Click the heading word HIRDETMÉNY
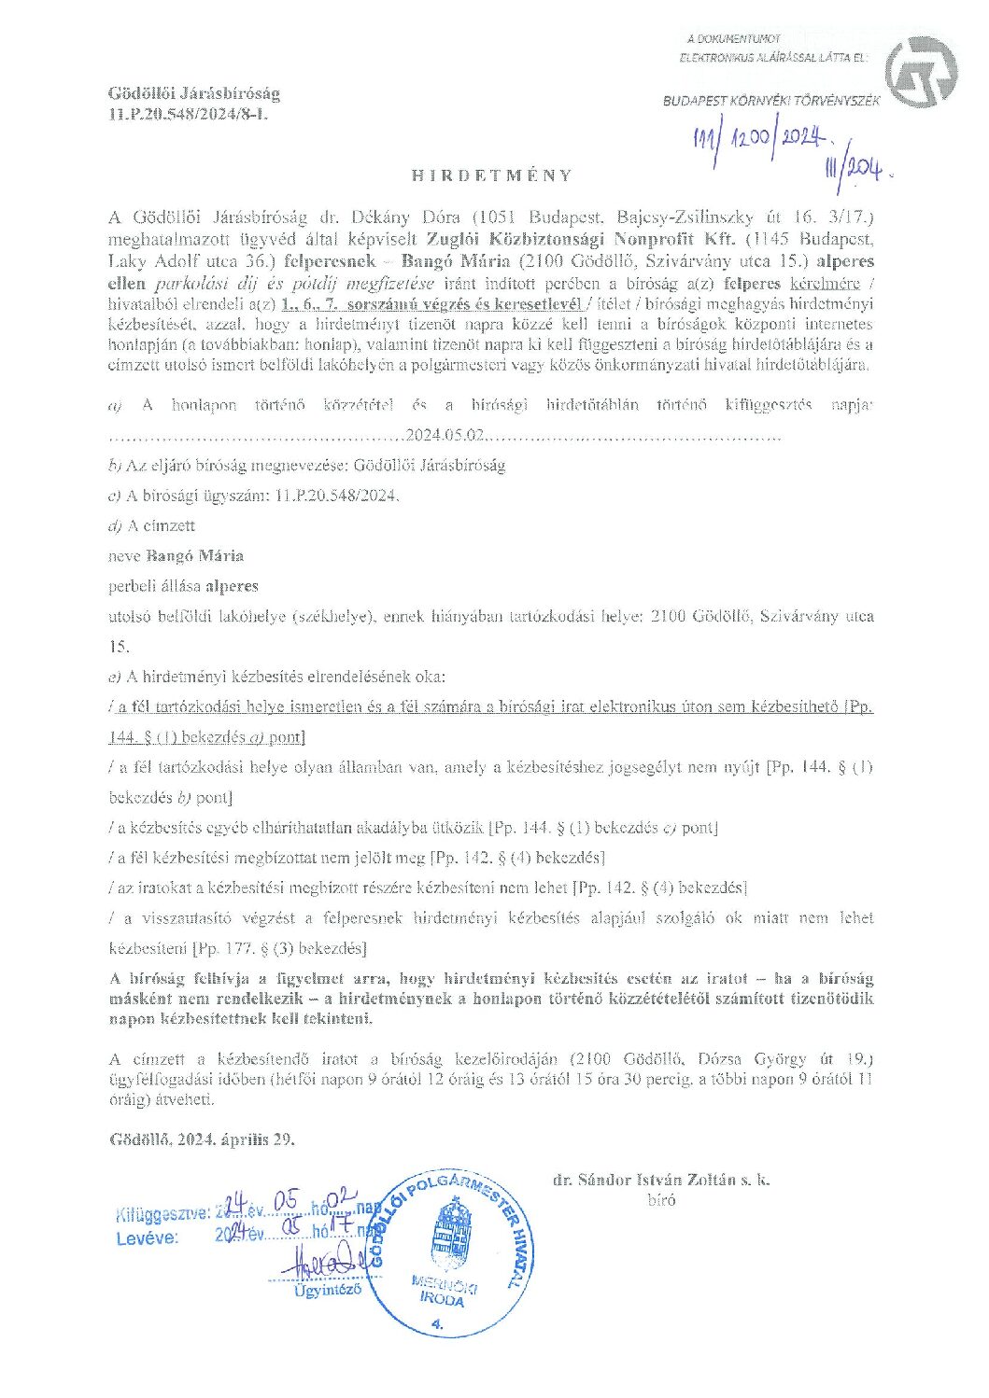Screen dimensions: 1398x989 tap(492, 175)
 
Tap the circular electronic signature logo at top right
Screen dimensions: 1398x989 tap(920, 71)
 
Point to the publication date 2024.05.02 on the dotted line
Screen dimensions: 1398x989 tap(445, 435)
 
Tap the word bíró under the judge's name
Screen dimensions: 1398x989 tap(661, 1200)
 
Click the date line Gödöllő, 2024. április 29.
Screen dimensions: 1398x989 tap(203, 1139)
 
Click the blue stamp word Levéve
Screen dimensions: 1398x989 tap(147, 1238)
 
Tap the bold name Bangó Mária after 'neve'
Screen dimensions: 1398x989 tap(195, 556)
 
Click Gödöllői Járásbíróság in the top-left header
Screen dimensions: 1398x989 tap(194, 93)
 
